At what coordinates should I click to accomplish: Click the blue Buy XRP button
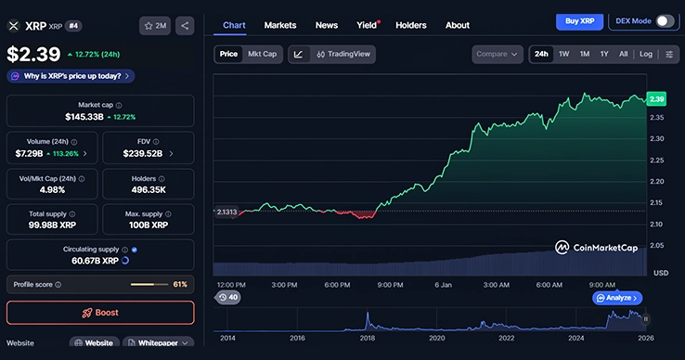(579, 21)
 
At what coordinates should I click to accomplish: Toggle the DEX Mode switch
(665, 21)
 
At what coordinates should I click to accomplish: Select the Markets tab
(280, 25)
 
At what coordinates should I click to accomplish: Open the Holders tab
(411, 25)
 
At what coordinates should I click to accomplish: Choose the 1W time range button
(564, 54)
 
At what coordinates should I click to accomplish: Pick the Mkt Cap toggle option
(263, 54)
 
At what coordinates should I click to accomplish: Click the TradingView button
(343, 54)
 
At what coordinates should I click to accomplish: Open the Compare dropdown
(497, 54)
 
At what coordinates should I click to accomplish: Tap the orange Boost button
(100, 313)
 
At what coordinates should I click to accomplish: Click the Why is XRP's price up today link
(70, 76)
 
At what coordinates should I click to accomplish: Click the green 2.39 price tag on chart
(657, 98)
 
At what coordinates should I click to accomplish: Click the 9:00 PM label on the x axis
(390, 284)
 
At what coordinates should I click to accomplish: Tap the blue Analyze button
(616, 298)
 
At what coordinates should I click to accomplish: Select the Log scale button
(646, 54)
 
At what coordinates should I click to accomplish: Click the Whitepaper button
(158, 343)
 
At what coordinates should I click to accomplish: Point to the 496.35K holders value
(149, 189)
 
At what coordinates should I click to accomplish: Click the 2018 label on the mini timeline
(367, 339)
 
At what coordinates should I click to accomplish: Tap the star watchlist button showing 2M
(155, 26)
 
